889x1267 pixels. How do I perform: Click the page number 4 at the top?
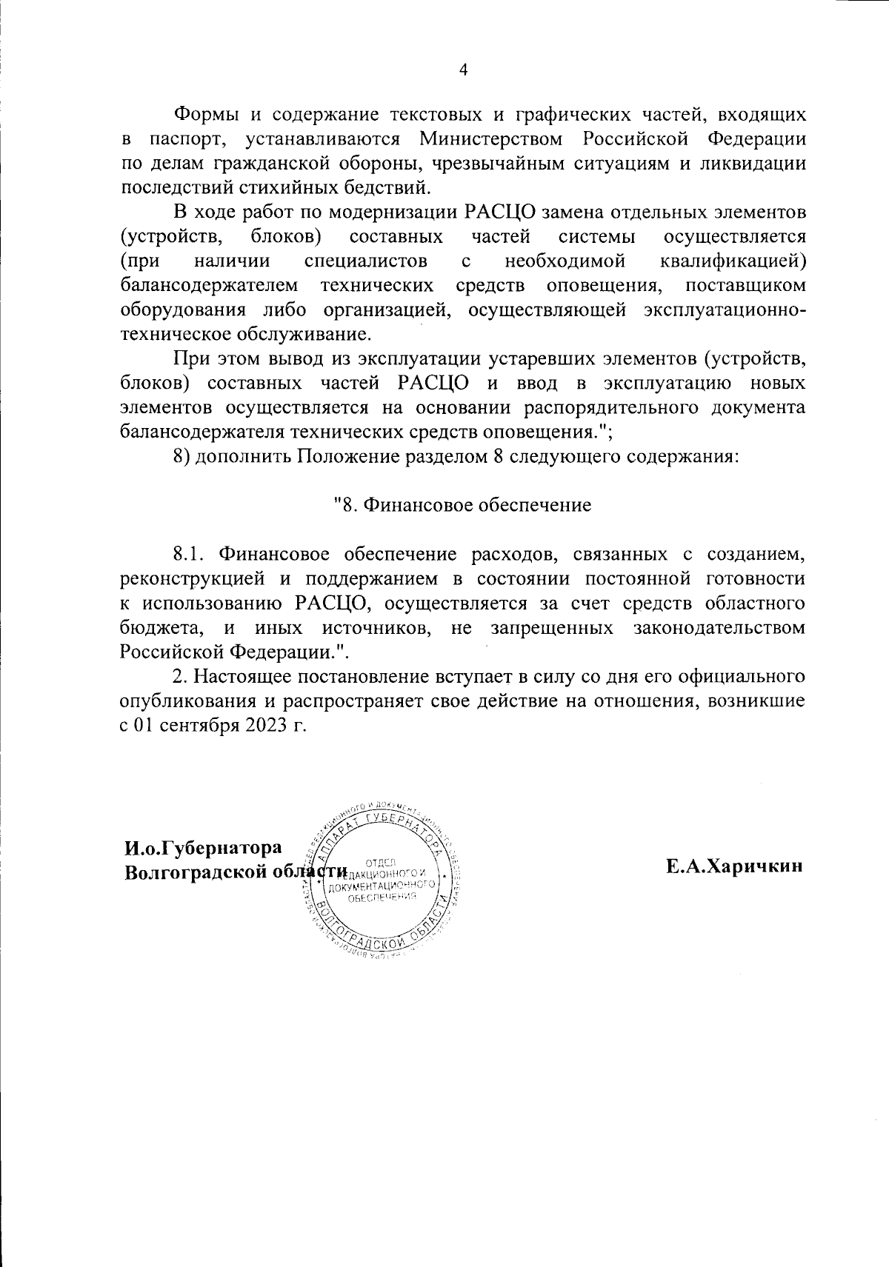pyautogui.click(x=464, y=70)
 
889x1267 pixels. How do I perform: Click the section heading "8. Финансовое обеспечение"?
pyautogui.click(x=462, y=505)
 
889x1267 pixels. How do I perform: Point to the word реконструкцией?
pyautogui.click(x=185, y=578)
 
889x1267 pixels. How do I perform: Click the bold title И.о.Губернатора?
pyautogui.click(x=203, y=847)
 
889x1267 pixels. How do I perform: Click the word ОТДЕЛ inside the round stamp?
pyautogui.click(x=381, y=862)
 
